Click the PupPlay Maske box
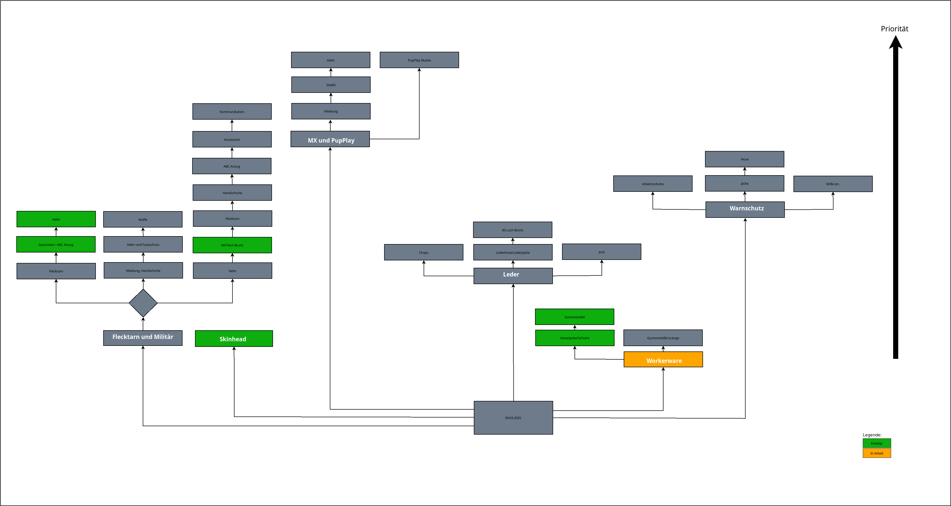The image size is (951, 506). [419, 60]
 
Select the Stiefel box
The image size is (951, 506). [331, 85]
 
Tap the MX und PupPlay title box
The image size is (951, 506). [330, 139]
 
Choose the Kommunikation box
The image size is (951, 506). [232, 111]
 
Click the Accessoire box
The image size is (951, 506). [232, 139]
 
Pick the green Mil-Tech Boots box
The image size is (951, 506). [232, 245]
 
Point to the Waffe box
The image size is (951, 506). [143, 219]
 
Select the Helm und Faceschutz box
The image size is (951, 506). [143, 245]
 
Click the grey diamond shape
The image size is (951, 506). [143, 303]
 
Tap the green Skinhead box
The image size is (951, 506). [234, 339]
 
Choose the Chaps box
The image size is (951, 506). [423, 252]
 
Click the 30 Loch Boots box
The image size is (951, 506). [512, 230]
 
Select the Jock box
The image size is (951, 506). [601, 252]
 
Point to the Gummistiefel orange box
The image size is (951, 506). [663, 338]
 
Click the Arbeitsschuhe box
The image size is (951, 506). [653, 184]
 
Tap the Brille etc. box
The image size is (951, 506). [833, 184]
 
